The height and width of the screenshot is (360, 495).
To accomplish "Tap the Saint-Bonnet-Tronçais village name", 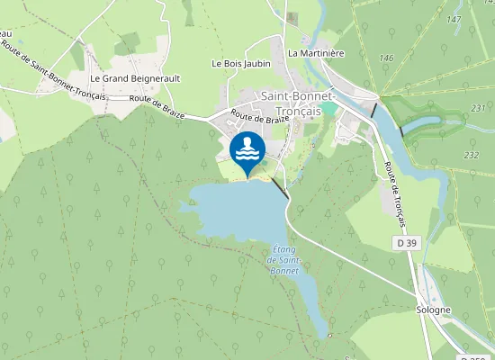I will (x=298, y=103).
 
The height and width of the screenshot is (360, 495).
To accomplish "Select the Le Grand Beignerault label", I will (x=135, y=78).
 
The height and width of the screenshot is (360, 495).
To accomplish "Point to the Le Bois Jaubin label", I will (x=240, y=64).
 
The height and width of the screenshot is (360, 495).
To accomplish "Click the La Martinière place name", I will (x=316, y=53).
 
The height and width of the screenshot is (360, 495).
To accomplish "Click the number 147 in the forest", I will (x=454, y=19).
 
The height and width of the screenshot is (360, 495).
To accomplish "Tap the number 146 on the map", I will (x=387, y=58).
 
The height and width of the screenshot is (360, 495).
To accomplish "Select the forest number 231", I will (x=478, y=108).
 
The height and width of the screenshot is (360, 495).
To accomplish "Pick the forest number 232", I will (x=471, y=155).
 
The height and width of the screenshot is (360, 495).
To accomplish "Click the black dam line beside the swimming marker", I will (x=280, y=187).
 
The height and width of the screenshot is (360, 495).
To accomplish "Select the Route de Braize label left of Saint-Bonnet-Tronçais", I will (x=259, y=117).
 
